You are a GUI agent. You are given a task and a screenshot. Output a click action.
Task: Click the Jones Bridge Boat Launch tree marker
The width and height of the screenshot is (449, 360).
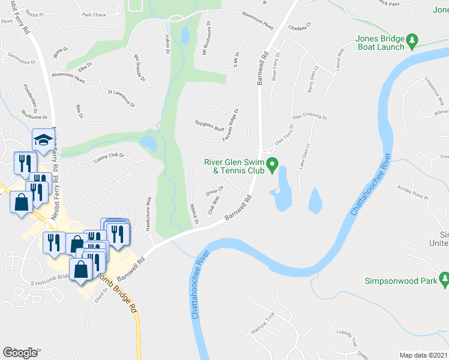pos(412,41)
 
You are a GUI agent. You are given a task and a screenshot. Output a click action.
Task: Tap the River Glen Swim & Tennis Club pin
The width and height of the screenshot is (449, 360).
pos(273,163)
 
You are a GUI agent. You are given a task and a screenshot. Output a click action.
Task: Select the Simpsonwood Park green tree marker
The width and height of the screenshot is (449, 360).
pos(444,280)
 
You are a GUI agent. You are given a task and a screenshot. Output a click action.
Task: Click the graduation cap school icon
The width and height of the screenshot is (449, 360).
pos(43,140)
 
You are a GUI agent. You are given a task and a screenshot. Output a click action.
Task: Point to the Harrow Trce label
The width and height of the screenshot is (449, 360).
pos(263,323)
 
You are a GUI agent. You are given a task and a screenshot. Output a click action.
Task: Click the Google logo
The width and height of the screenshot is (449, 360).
pos(20,353)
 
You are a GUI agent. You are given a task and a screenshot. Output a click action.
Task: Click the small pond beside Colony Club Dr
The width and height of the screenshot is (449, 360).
pos(148,143)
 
